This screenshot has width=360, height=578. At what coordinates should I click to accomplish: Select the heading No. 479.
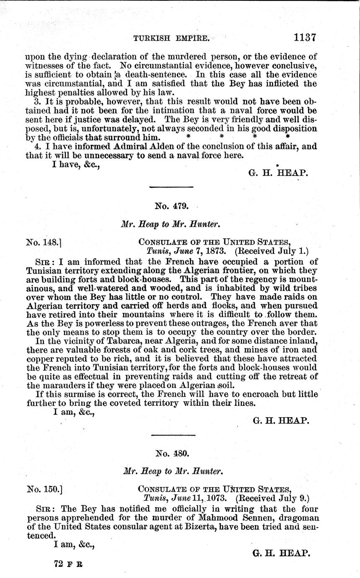[x=171, y=206]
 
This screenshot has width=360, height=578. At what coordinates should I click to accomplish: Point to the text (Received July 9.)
[x=273, y=498]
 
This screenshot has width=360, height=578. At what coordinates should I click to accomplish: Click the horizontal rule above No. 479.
[x=171, y=186]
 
